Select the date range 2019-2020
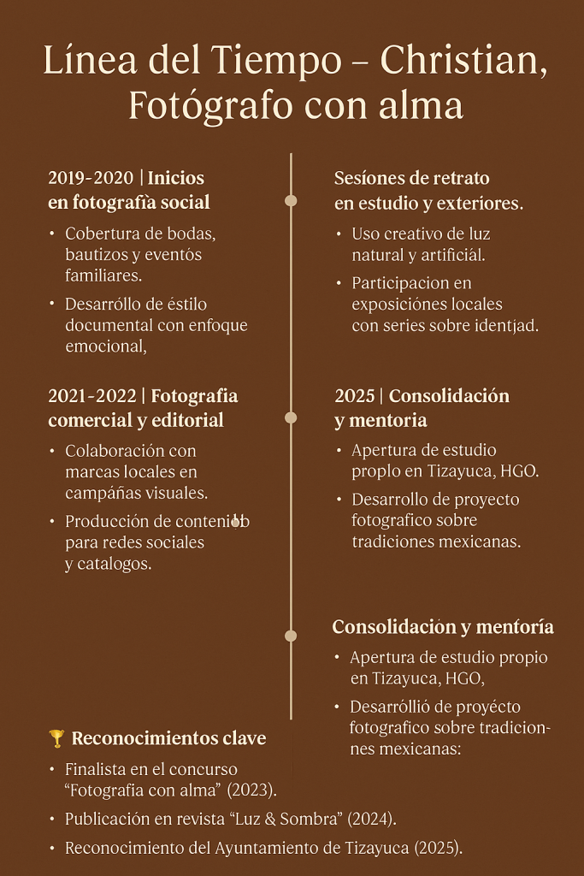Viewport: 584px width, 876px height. tap(91, 178)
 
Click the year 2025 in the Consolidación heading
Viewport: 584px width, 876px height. tap(355, 396)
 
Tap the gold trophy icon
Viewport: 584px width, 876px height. tap(56, 737)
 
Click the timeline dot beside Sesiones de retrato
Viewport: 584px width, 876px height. tap(291, 201)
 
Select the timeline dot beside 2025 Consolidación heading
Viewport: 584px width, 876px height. tap(291, 417)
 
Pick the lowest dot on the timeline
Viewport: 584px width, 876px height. tap(291, 636)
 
